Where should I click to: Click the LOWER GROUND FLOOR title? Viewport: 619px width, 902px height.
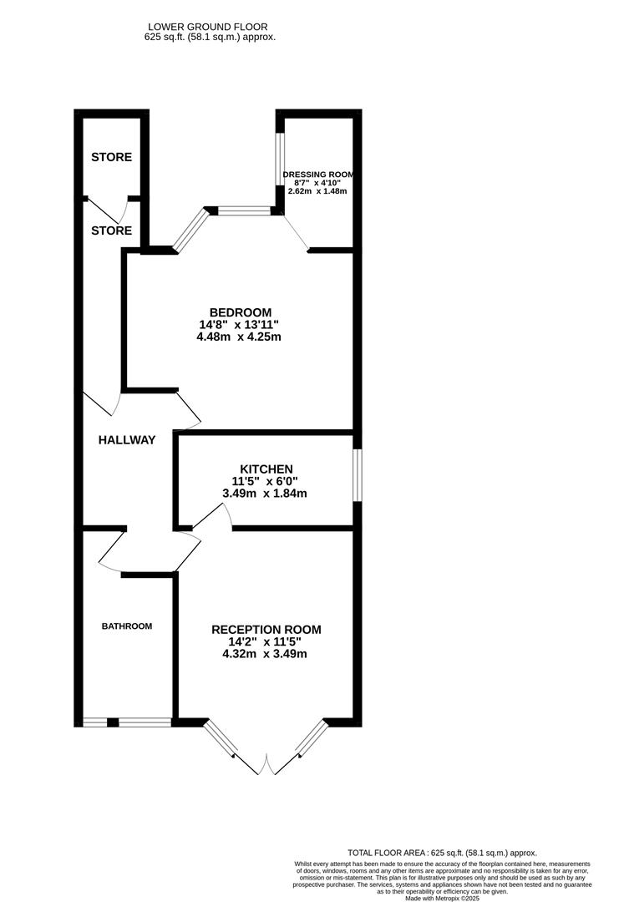click(x=210, y=28)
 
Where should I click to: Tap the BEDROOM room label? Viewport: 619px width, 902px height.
click(x=240, y=312)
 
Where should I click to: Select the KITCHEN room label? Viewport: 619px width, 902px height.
click(x=266, y=469)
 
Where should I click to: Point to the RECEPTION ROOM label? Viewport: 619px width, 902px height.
click(x=266, y=630)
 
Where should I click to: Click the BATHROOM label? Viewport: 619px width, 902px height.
click(x=127, y=626)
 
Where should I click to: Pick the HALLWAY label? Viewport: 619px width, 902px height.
click(x=126, y=440)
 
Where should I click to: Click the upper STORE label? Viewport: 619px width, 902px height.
click(x=111, y=157)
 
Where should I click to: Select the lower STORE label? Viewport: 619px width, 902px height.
click(x=111, y=231)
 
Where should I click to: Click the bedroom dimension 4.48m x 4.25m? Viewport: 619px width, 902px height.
click(x=239, y=337)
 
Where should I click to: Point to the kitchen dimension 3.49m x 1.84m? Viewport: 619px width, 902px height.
click(x=265, y=494)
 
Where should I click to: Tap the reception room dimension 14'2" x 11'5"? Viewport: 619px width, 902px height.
click(x=265, y=642)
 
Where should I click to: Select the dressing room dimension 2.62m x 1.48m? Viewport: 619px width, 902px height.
click(x=317, y=191)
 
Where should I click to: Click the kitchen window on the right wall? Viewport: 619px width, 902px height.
click(x=357, y=476)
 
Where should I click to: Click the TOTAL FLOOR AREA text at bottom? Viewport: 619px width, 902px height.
click(x=444, y=853)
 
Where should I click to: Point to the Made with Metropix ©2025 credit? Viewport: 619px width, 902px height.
click(x=444, y=898)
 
